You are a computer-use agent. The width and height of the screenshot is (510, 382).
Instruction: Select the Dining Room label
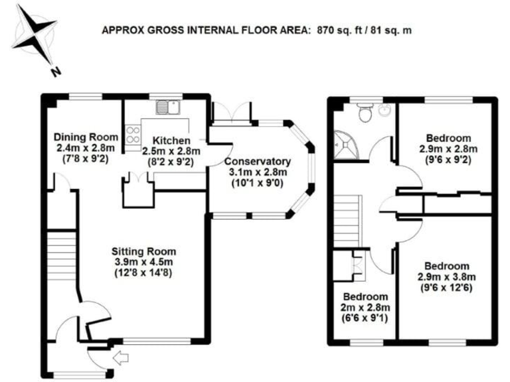(x=81, y=137)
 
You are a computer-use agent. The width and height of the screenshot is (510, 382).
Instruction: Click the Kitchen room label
(x=171, y=141)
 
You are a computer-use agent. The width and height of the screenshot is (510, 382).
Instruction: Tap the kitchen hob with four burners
(x=129, y=131)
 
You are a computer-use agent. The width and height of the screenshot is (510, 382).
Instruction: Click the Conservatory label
(x=257, y=161)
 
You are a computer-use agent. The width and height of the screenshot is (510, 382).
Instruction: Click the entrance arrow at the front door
(x=122, y=359)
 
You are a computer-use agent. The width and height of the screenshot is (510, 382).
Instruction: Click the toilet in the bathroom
(x=364, y=114)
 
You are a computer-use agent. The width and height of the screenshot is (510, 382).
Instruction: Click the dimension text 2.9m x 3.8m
(x=447, y=277)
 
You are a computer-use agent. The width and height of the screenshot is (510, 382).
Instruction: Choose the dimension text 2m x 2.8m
(x=365, y=307)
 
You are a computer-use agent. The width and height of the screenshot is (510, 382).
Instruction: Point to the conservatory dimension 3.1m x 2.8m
(x=257, y=172)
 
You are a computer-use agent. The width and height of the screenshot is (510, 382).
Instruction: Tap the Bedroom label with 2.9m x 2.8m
(x=448, y=138)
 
